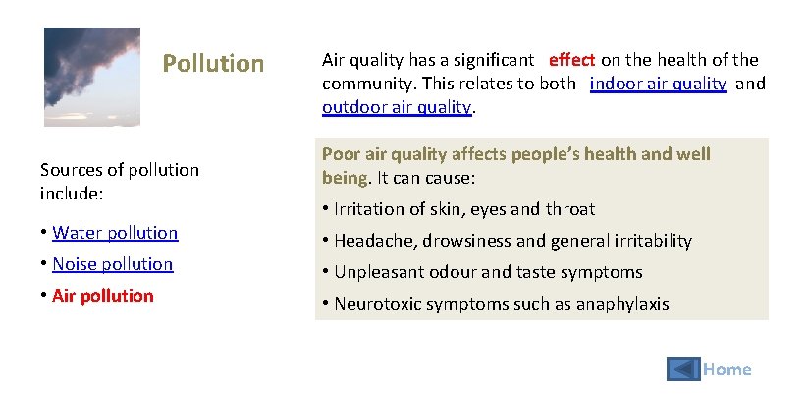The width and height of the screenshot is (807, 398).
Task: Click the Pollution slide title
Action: click(213, 64)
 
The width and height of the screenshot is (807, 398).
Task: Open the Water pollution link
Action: click(115, 233)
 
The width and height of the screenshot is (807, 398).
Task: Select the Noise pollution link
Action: click(112, 264)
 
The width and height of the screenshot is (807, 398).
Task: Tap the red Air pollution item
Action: click(103, 296)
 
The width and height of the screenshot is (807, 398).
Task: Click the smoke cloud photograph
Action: click(91, 76)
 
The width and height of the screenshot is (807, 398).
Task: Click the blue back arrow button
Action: click(683, 369)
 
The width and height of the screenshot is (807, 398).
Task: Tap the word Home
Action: click(728, 370)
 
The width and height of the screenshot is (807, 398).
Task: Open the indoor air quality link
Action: click(658, 84)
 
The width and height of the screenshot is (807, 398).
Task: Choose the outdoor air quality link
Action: click(397, 107)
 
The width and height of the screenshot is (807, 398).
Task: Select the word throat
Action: click(570, 209)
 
